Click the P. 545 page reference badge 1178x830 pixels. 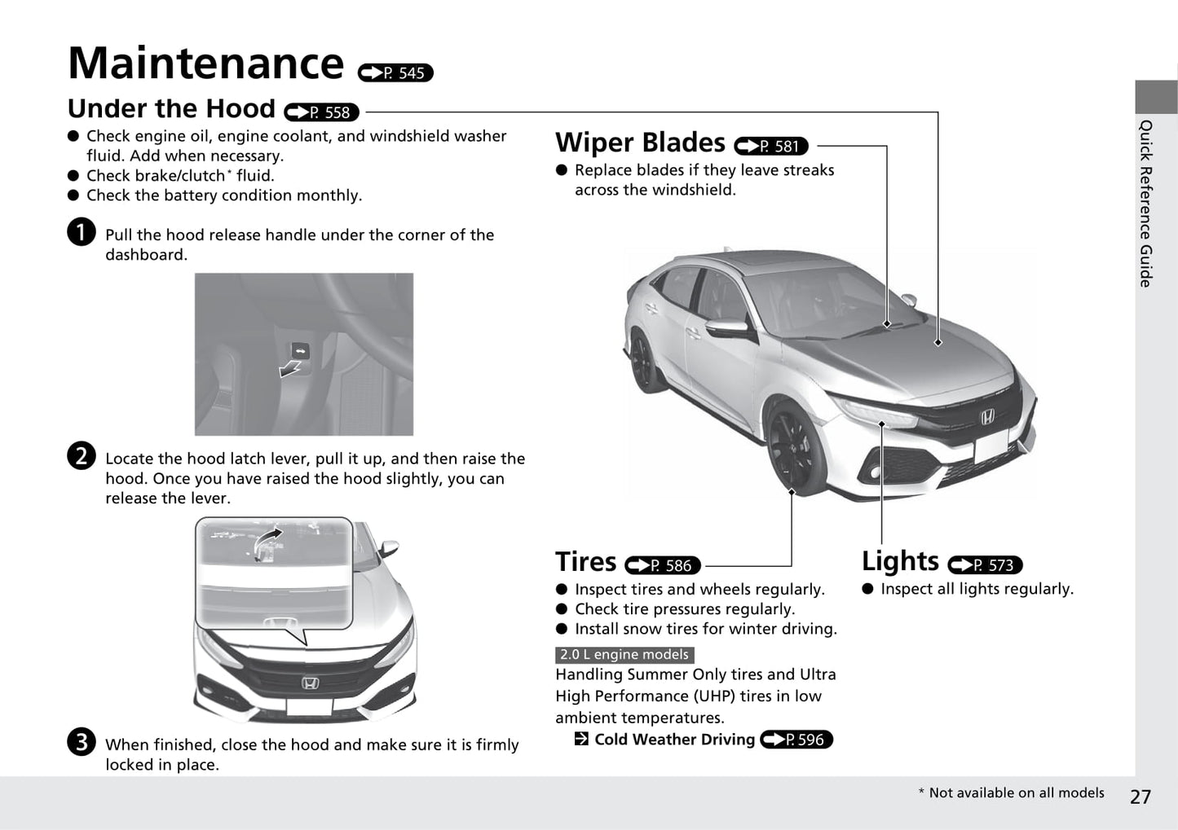click(x=395, y=72)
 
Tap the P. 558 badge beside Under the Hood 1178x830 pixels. click(x=321, y=112)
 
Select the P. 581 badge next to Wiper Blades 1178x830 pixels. click(x=771, y=146)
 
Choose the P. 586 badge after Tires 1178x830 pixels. click(x=663, y=564)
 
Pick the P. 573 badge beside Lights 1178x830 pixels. click(x=985, y=564)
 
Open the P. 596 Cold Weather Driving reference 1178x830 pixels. click(x=796, y=739)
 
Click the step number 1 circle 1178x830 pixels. click(x=82, y=231)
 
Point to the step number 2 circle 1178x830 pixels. click(x=82, y=455)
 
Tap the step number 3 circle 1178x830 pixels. click(x=82, y=741)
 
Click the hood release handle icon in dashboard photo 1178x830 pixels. click(x=300, y=350)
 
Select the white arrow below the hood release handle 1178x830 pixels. click(x=289, y=368)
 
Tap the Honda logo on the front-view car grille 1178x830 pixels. click(x=311, y=683)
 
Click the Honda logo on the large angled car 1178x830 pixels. click(x=987, y=416)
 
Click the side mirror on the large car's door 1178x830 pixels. click(x=726, y=327)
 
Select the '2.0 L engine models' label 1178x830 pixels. click(x=624, y=655)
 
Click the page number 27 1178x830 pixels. click(x=1140, y=797)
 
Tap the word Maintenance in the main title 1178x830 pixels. click(x=206, y=63)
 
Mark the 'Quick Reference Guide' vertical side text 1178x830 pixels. click(x=1146, y=204)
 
